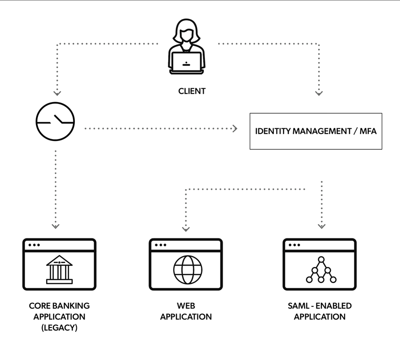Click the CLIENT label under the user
(x=192, y=91)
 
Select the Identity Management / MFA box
(x=316, y=131)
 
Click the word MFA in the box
(x=368, y=131)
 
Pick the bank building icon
(x=59, y=269)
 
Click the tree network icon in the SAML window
(x=321, y=270)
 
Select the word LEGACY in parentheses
(x=59, y=327)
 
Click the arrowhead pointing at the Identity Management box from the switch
(x=235, y=128)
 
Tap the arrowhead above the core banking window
(x=55, y=226)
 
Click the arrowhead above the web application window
(x=186, y=229)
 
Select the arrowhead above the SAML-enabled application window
(x=321, y=226)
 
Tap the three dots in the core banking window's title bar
(x=34, y=245)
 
